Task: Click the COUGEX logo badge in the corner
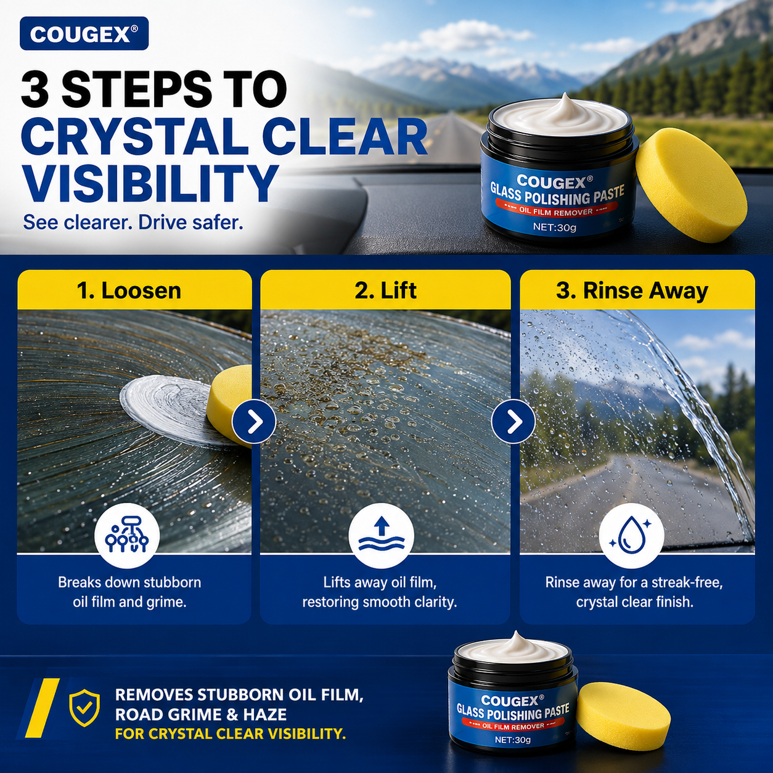tap(84, 34)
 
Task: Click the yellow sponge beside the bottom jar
tap(623, 714)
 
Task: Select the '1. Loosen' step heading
tap(129, 291)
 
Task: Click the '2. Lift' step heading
tap(385, 291)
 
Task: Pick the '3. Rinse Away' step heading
tap(632, 291)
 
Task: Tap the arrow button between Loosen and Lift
tap(255, 421)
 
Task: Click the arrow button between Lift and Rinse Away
tap(513, 421)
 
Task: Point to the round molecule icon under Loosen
tap(127, 536)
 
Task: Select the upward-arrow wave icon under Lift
tap(381, 536)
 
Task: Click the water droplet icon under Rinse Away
tap(632, 536)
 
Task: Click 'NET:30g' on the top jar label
tap(554, 227)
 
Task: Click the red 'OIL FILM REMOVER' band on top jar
tap(556, 211)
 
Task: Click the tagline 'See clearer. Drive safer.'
tap(133, 223)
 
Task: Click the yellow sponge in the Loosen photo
tap(229, 405)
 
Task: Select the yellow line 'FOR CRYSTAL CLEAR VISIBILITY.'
tap(231, 734)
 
